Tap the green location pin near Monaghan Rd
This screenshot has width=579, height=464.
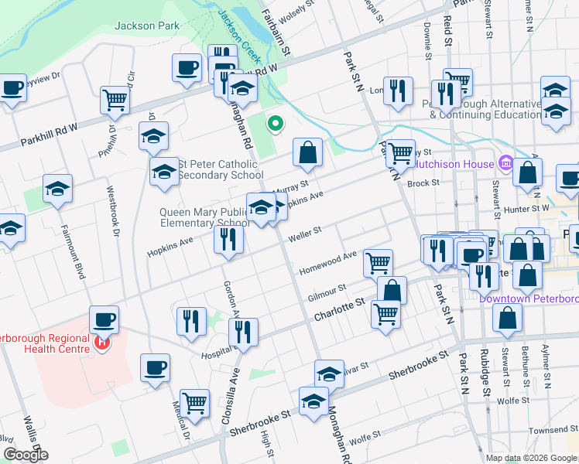(x=274, y=123)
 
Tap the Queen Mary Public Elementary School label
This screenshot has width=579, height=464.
(x=204, y=217)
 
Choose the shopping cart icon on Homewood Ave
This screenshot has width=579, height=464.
(x=378, y=262)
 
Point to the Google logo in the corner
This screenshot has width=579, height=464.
(x=25, y=455)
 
